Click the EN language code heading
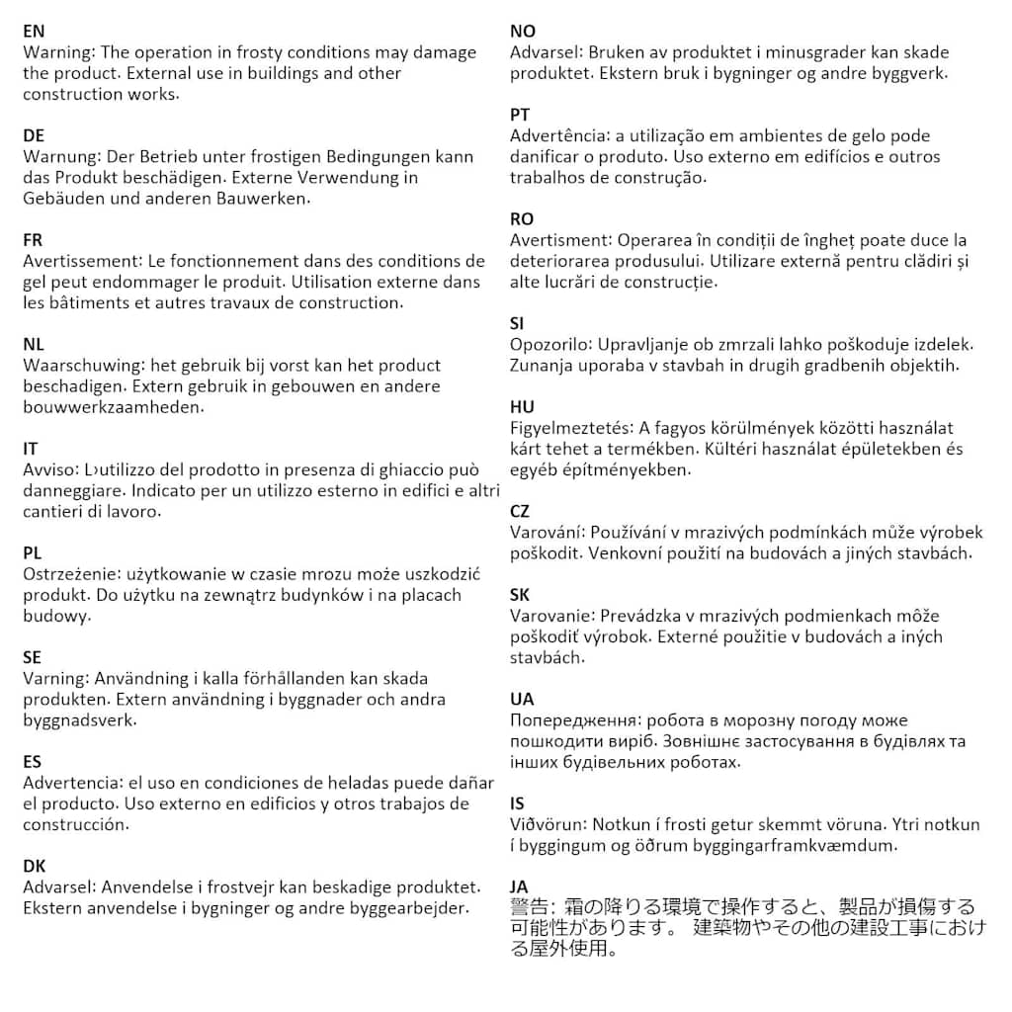[x=34, y=32]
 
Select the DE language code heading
[x=34, y=135]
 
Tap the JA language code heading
[x=519, y=886]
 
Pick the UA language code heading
[x=522, y=699]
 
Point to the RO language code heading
[x=522, y=219]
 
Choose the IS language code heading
[x=517, y=802]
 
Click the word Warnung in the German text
[x=58, y=156]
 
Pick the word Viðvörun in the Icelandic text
[x=548, y=824]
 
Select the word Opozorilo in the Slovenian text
[x=551, y=345]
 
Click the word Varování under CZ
[x=547, y=533]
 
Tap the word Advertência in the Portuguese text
[x=558, y=135]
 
